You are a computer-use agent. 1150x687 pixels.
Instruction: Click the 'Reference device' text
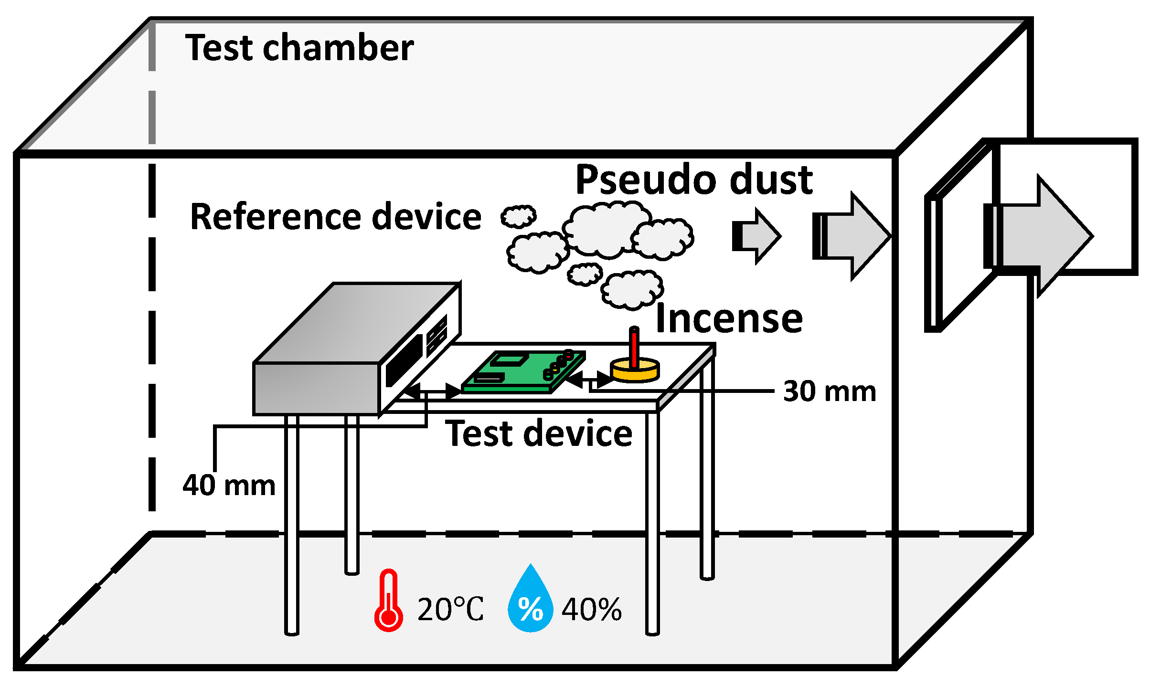pos(336,217)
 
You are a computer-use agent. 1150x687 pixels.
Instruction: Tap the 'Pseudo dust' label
pos(694,180)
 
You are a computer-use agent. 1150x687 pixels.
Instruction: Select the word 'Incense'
pos(729,318)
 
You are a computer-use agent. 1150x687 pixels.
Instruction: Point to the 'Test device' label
pos(539,433)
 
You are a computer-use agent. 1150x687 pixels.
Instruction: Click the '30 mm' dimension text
pos(830,391)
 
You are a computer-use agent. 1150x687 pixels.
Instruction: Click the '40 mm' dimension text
pos(229,486)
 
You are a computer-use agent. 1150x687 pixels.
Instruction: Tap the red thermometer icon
pos(388,601)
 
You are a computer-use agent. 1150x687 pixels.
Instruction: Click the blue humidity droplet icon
pos(530,600)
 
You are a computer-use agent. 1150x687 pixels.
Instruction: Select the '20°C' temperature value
pos(450,610)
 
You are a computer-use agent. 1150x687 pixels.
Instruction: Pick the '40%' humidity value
pos(592,610)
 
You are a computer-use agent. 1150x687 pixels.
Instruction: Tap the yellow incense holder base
pos(635,371)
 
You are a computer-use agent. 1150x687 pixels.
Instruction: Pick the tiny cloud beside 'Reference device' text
pos(518,216)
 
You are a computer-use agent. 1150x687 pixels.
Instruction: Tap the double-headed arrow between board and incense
pos(591,380)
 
